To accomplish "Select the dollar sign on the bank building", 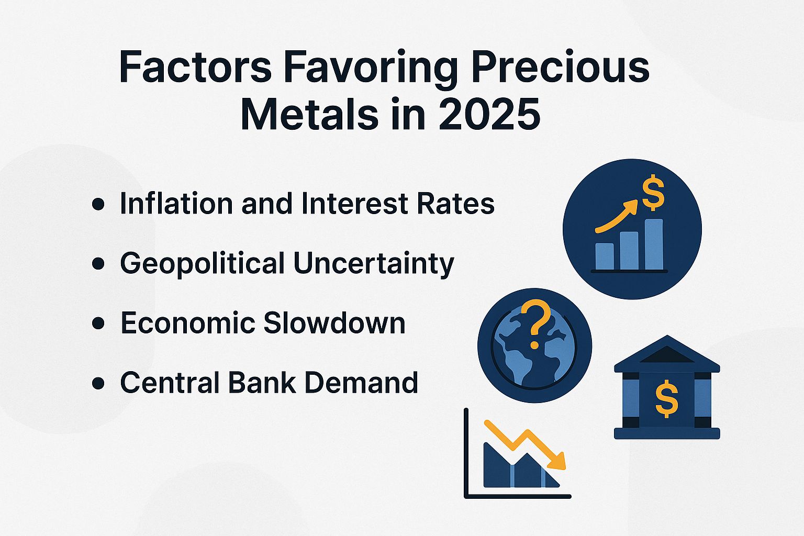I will [x=666, y=399].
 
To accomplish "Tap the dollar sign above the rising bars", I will [x=653, y=193].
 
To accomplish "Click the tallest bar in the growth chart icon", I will [x=653, y=244].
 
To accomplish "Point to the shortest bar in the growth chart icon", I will [x=605, y=256].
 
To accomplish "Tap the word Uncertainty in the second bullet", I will [x=373, y=263].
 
